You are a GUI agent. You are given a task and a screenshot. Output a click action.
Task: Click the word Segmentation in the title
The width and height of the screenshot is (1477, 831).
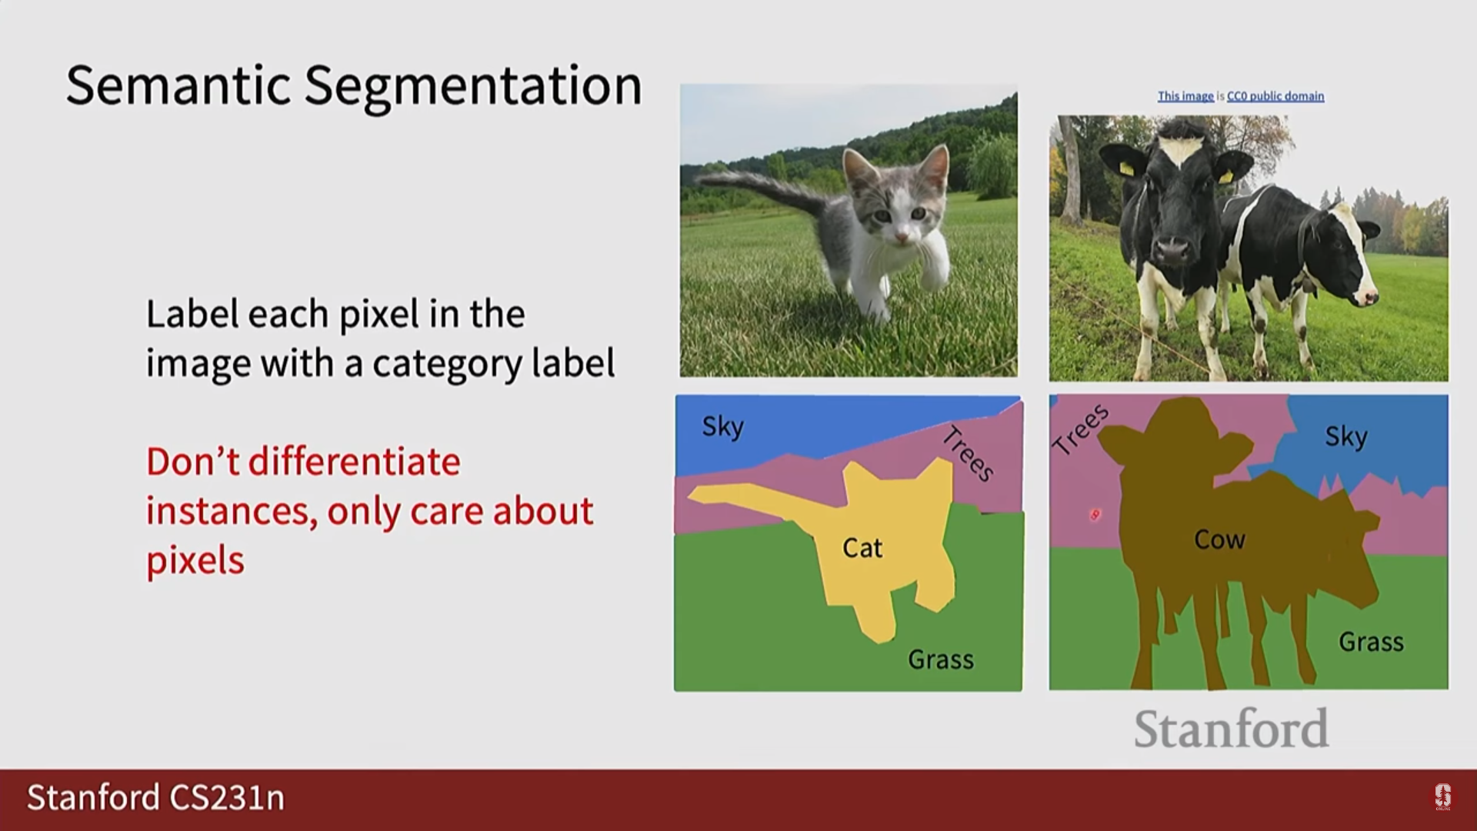point(473,86)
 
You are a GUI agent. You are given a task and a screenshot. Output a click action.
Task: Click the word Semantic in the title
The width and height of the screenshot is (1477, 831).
point(178,85)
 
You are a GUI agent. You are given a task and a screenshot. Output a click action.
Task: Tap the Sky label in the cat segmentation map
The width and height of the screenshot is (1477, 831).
point(722,426)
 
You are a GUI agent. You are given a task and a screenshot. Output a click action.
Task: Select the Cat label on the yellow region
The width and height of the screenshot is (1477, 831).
point(862,548)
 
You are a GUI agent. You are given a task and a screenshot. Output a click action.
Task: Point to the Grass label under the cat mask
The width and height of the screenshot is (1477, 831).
point(941,659)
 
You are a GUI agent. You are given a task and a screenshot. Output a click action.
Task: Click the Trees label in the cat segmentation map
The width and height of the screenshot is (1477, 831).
point(969,453)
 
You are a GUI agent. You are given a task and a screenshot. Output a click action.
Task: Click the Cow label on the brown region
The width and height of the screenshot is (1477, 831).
point(1219,539)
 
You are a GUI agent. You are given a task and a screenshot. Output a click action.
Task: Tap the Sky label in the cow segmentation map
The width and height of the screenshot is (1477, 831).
point(1346,437)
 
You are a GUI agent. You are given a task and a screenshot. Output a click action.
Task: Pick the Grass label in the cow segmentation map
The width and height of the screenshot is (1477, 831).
point(1371,642)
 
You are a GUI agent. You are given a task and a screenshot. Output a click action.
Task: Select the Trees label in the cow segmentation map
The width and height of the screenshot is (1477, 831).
point(1080,429)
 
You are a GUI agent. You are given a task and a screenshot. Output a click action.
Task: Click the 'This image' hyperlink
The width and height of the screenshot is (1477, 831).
point(1185,96)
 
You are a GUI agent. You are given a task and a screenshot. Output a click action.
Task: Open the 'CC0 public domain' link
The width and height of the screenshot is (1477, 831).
point(1275,96)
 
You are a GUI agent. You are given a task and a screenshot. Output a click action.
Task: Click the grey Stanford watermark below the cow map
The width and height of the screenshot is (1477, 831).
point(1231,728)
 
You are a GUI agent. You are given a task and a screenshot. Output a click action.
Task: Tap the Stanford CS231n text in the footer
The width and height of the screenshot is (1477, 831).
point(156,798)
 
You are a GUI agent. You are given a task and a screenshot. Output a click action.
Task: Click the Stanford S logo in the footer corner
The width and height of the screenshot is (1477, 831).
point(1442,797)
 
